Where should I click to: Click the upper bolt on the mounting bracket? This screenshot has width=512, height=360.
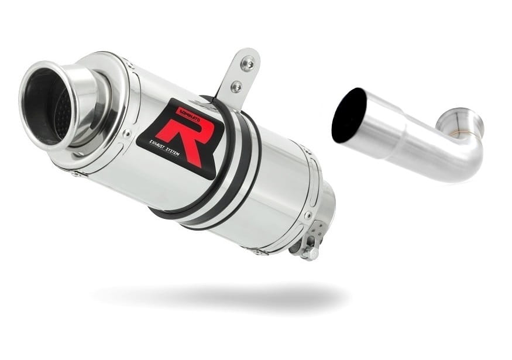248,64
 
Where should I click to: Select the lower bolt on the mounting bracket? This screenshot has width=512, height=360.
236,87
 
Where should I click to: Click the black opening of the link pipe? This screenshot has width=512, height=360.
348,115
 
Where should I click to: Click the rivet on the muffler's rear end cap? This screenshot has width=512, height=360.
308,215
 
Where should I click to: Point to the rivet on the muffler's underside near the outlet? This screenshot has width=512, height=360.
76,174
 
